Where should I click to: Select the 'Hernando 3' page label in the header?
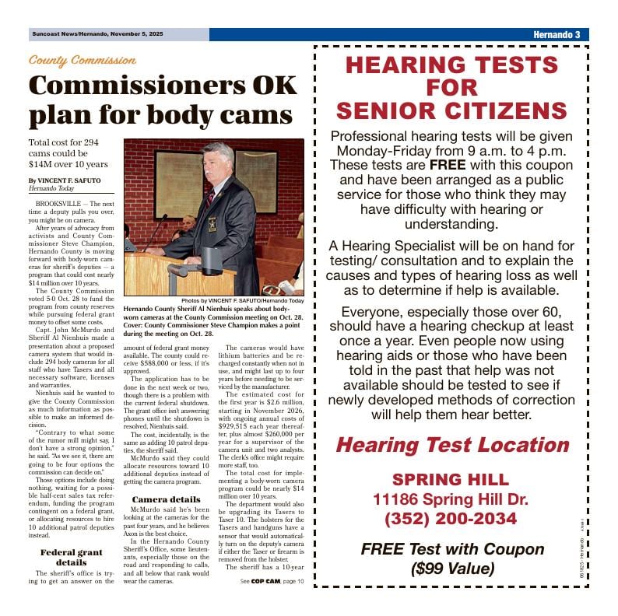point(557,35)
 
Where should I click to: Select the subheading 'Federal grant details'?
point(71,558)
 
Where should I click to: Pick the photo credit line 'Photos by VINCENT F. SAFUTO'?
point(242,300)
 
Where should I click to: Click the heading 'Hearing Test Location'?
point(451,445)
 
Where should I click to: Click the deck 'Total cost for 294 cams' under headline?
point(68,153)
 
